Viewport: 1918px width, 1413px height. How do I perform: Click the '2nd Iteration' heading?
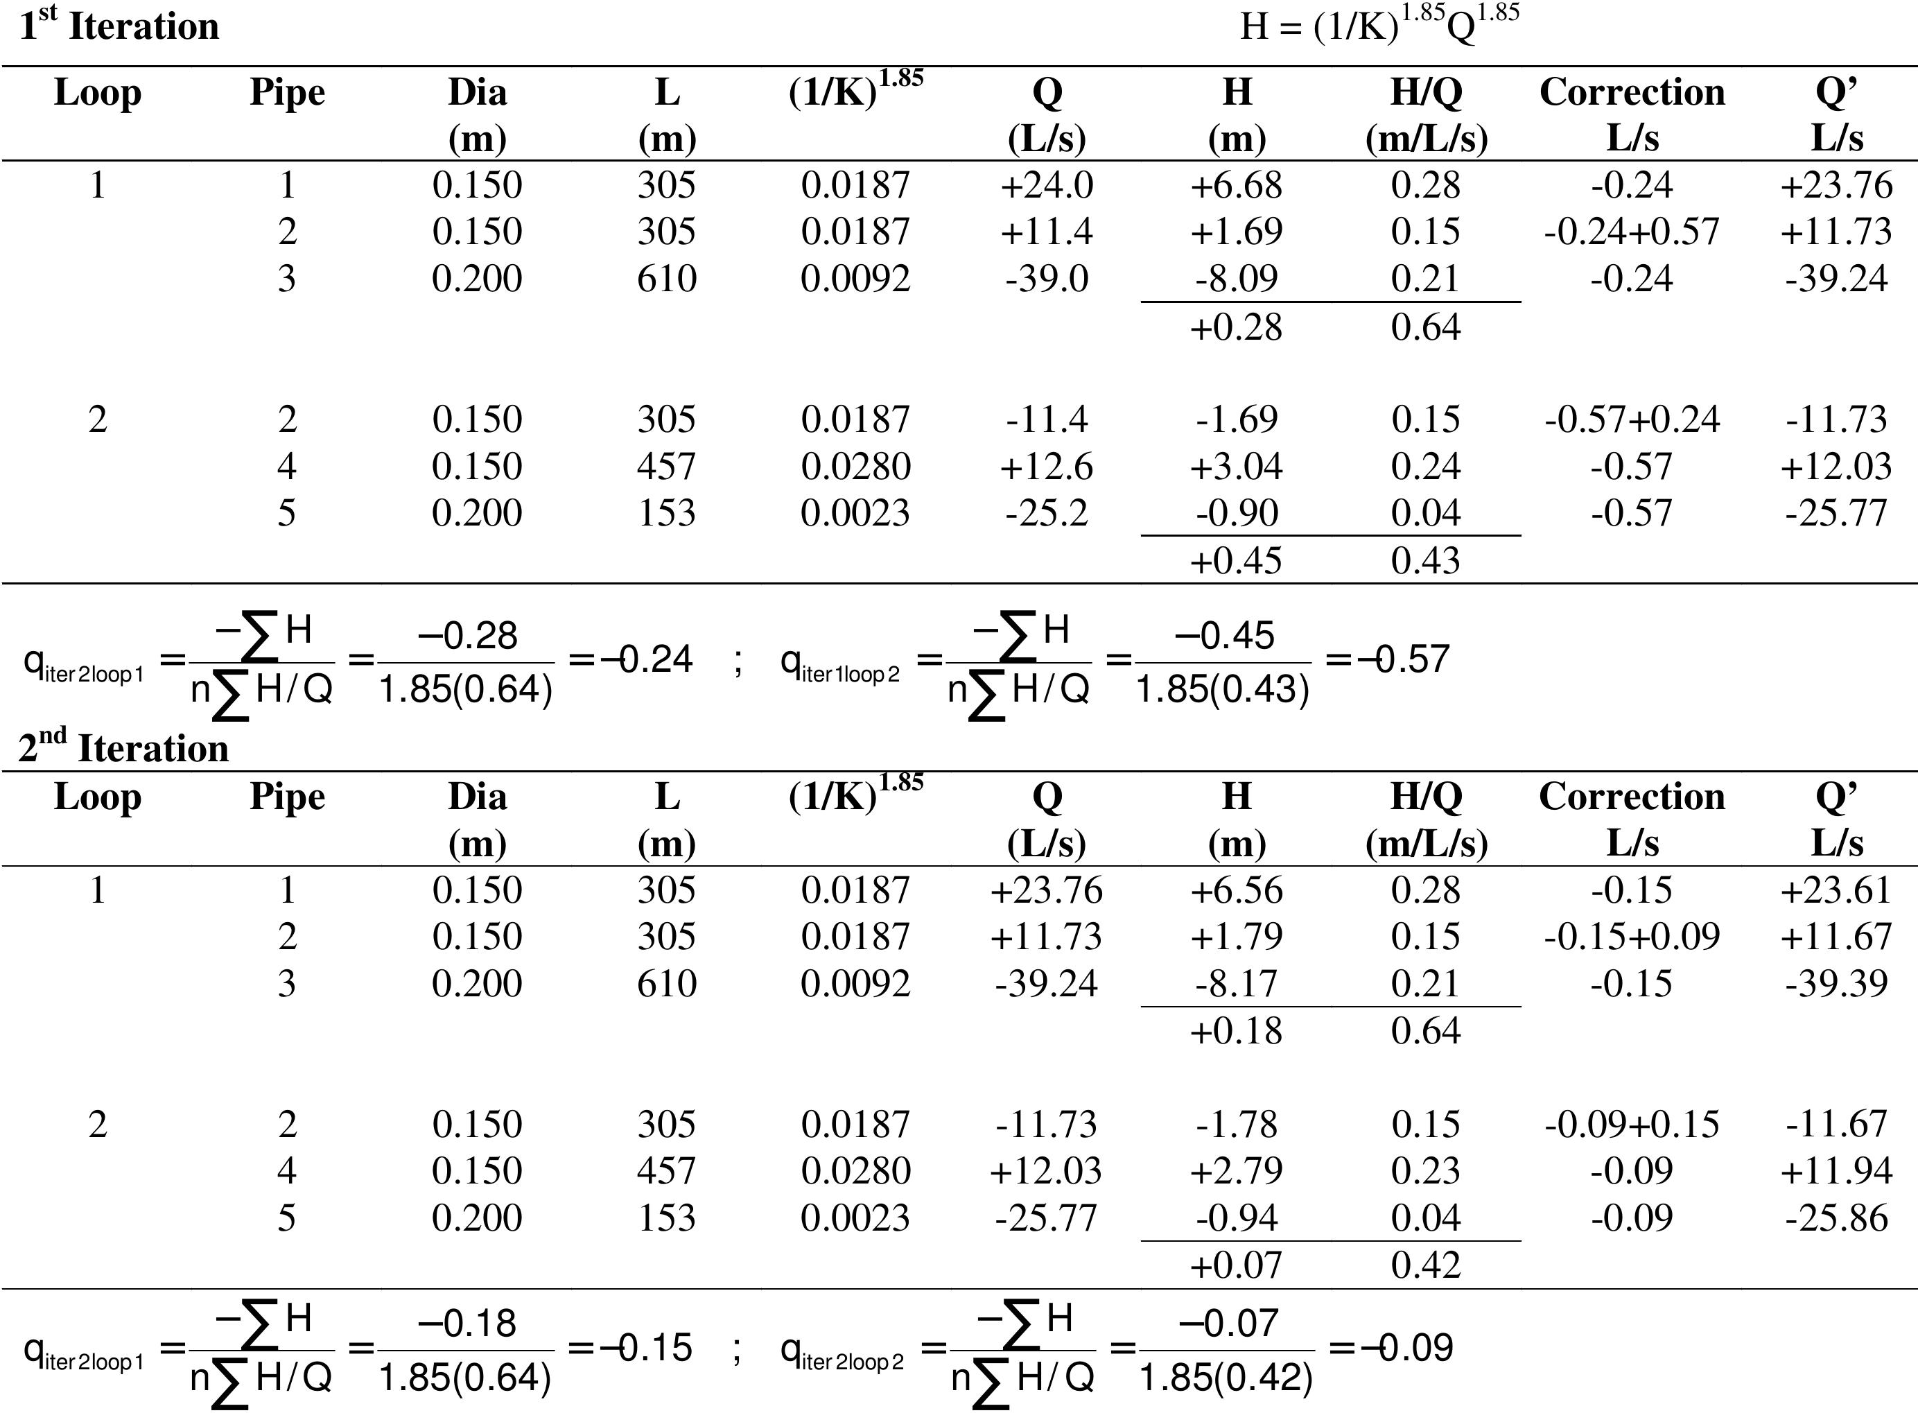tap(124, 747)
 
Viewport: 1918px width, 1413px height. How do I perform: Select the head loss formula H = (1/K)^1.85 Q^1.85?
tap(1379, 26)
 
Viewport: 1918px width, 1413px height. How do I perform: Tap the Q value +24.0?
tap(1047, 186)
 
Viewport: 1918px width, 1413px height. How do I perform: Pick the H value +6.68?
tap(1237, 186)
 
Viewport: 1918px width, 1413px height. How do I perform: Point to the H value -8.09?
tap(1237, 279)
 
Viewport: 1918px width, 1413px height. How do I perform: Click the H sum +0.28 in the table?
tap(1237, 327)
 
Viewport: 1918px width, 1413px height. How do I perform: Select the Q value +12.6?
tap(1047, 466)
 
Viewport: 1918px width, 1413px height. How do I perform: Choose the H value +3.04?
tap(1237, 466)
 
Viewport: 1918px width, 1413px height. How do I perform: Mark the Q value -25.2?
tap(1047, 513)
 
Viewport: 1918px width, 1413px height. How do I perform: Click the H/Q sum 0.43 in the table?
tap(1425, 561)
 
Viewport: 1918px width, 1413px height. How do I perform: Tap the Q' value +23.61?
tap(1836, 890)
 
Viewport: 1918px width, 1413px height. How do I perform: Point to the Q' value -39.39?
tap(1836, 984)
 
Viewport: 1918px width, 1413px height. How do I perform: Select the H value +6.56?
tap(1237, 890)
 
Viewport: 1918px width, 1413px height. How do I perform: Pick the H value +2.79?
tap(1237, 1171)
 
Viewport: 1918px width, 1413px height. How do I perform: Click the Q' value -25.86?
tap(1836, 1218)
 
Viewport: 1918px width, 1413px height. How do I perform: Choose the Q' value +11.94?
tap(1836, 1171)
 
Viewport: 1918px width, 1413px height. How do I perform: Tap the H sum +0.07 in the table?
tap(1237, 1265)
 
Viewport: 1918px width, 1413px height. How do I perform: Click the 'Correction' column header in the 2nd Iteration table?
tap(1632, 797)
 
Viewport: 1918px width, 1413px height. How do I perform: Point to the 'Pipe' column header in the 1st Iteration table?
tap(287, 92)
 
